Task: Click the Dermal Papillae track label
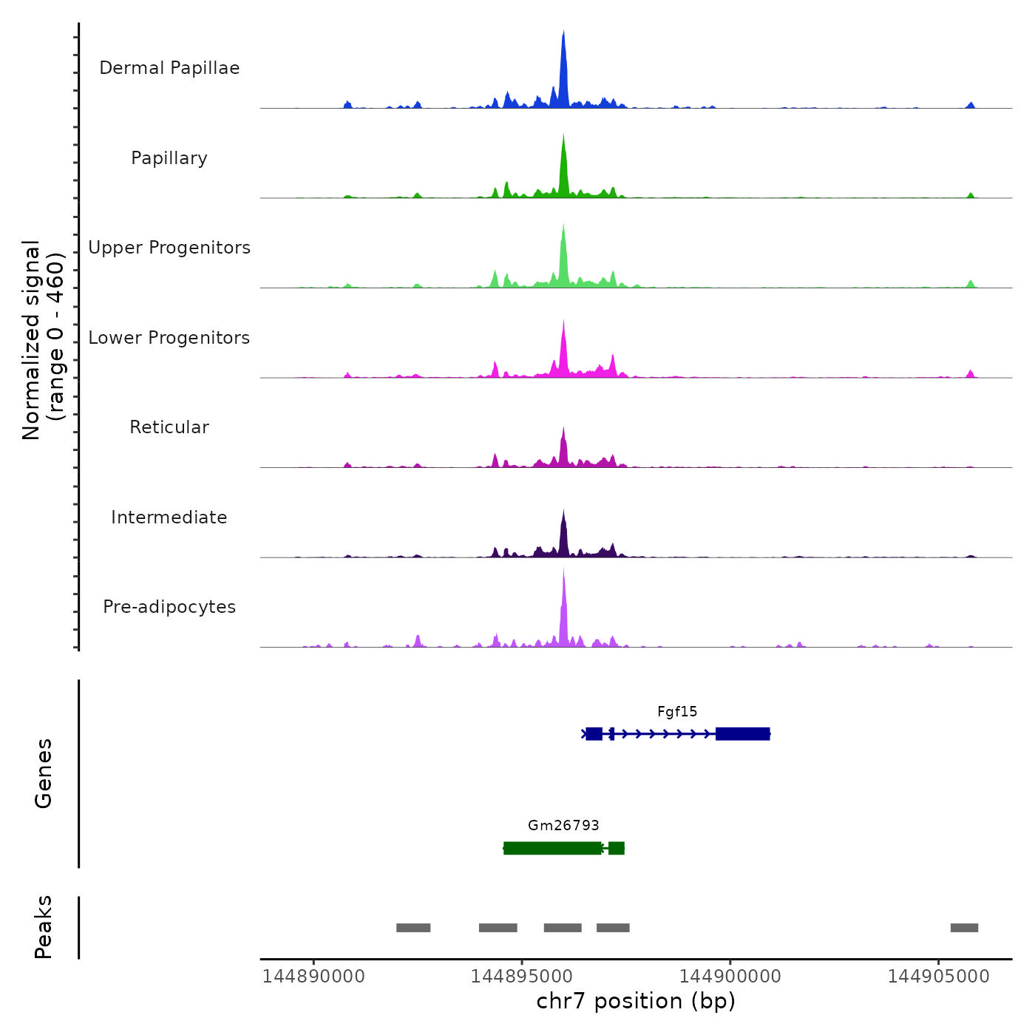(169, 68)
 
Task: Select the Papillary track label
(169, 158)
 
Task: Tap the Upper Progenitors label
(169, 248)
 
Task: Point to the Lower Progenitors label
(169, 338)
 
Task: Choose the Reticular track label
(169, 427)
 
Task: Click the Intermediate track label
(169, 517)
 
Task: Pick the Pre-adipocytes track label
(169, 607)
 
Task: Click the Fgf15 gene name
(677, 712)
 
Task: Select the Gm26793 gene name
(563, 826)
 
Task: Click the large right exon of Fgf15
(743, 733)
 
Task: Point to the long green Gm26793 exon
(552, 848)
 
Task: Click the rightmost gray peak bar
(964, 928)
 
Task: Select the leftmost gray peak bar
(413, 928)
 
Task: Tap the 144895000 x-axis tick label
(522, 977)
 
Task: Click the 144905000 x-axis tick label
(939, 977)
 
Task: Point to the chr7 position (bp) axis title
(636, 1001)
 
